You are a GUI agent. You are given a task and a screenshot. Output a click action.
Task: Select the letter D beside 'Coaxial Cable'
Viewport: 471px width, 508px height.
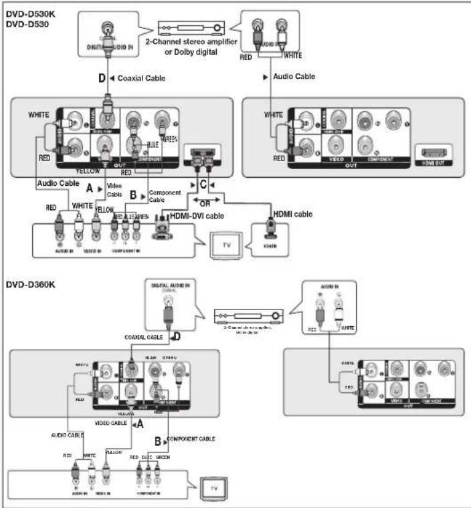click(x=102, y=79)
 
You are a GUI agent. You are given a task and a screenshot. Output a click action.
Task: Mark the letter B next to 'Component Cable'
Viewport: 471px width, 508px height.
click(x=133, y=195)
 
